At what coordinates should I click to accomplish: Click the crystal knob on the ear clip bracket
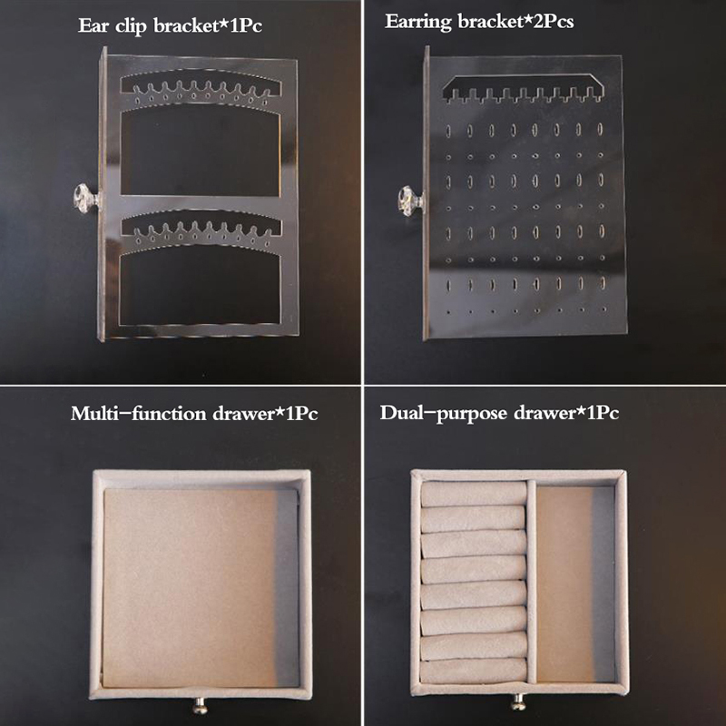click(x=86, y=198)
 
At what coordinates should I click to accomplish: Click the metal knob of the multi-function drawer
click(x=200, y=706)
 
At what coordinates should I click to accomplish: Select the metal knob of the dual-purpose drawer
click(x=518, y=702)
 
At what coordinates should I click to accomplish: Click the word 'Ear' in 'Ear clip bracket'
click(x=94, y=25)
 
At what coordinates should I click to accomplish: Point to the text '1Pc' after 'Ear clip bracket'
click(x=245, y=25)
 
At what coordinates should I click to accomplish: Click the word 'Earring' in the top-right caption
click(x=417, y=22)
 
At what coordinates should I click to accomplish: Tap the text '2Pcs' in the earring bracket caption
click(x=554, y=21)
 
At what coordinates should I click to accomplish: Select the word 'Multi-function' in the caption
click(x=139, y=413)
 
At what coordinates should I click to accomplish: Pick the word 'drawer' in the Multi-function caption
click(x=243, y=414)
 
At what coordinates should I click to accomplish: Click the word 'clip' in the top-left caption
click(x=132, y=26)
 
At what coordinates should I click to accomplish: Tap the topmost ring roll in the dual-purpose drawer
click(x=474, y=494)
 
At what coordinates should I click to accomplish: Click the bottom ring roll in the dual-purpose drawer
click(x=474, y=671)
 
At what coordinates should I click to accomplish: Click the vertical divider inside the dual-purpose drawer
click(x=532, y=582)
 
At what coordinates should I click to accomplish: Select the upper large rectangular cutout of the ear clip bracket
click(x=201, y=152)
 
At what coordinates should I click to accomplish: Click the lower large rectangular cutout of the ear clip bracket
click(x=201, y=288)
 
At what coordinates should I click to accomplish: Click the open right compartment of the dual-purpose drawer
click(x=575, y=584)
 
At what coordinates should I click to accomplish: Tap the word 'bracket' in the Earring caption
click(x=491, y=21)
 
